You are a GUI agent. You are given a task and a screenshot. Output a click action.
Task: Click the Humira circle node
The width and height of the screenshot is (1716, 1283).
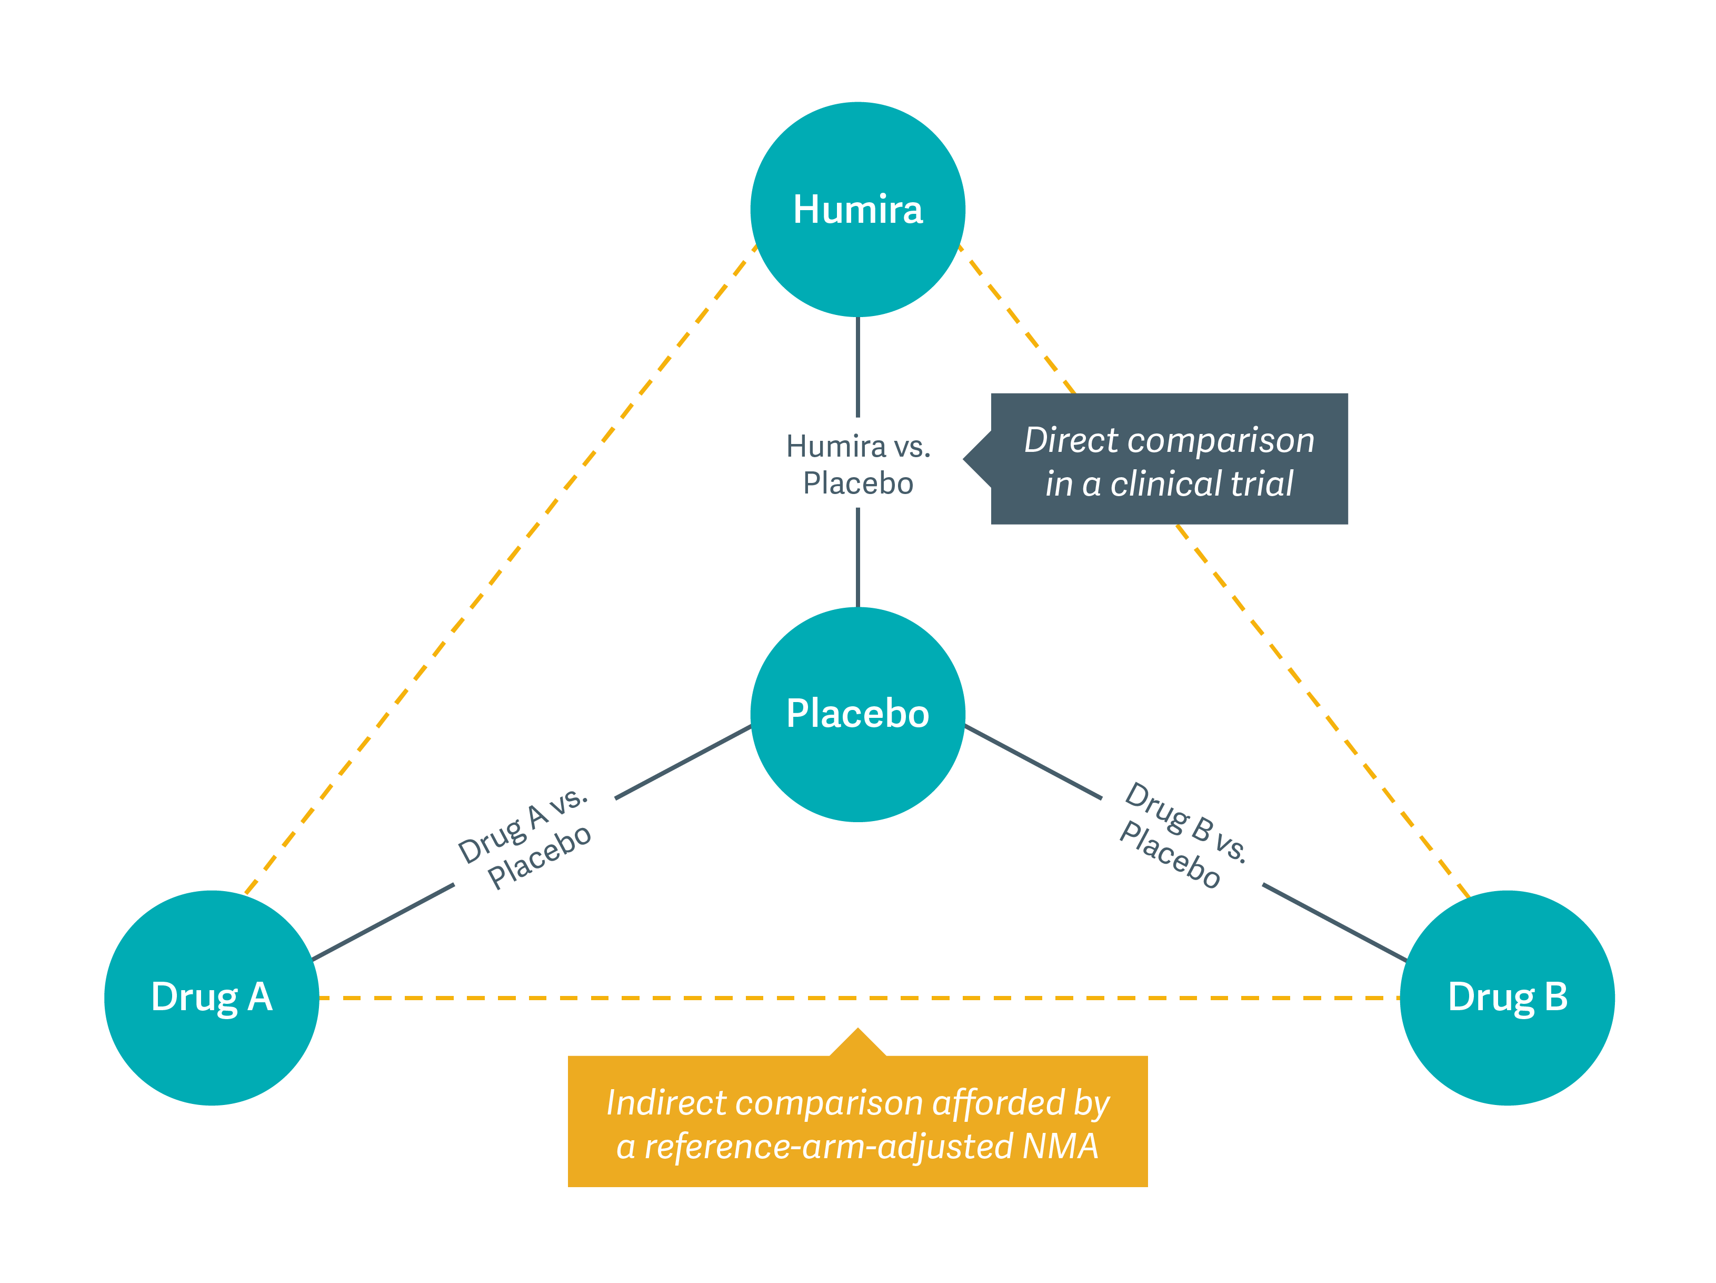857,210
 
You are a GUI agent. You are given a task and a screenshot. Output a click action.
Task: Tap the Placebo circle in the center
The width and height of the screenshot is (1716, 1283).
857,714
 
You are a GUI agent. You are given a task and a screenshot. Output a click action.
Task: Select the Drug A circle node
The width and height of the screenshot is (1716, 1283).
212,998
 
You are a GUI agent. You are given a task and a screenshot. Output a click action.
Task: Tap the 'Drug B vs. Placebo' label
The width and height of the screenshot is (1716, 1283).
1183,835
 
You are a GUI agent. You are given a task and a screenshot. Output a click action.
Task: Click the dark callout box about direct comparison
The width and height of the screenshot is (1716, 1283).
1169,459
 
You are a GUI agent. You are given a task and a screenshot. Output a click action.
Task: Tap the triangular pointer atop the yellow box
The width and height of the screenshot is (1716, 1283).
857,1044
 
